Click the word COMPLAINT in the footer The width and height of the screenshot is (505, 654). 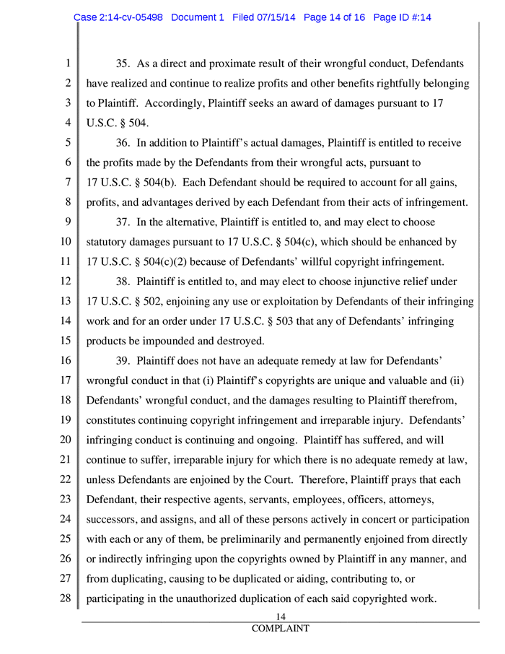[281, 629]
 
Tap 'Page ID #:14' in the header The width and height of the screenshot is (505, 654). [400, 19]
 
